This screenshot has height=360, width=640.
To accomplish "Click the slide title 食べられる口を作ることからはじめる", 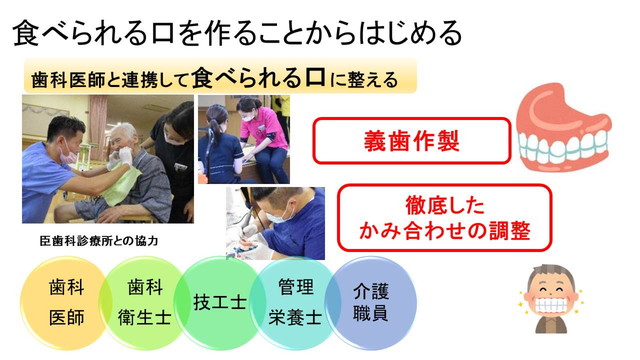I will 237,32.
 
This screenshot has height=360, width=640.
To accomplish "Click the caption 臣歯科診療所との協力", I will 99,240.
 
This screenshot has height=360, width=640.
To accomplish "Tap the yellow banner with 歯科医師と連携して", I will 214,77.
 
